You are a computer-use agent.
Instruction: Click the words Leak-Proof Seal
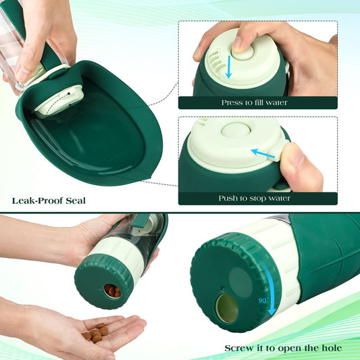tap(49, 200)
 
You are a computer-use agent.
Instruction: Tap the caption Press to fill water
tap(254, 103)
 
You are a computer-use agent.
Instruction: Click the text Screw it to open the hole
tap(283, 348)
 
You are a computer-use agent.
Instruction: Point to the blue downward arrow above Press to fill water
tap(228, 68)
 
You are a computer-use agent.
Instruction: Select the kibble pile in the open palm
tap(96, 333)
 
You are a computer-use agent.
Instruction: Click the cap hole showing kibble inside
tap(113, 291)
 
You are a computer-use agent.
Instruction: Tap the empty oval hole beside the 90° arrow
tap(226, 308)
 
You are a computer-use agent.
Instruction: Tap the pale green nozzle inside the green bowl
tap(59, 101)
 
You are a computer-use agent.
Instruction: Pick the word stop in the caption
tap(265, 198)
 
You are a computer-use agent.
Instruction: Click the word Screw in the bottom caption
tap(240, 348)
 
